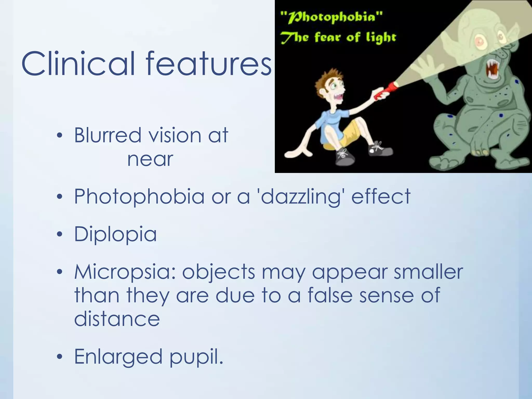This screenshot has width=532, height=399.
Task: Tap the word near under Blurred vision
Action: [150, 159]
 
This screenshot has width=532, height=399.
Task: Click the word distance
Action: [117, 319]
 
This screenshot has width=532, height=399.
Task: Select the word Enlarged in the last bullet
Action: [118, 357]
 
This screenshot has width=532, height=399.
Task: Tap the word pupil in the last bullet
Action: [196, 357]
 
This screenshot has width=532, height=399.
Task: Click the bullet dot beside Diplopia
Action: [60, 235]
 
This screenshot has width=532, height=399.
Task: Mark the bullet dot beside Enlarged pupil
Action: [60, 357]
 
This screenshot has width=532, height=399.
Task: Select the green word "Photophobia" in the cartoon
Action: [331, 18]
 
